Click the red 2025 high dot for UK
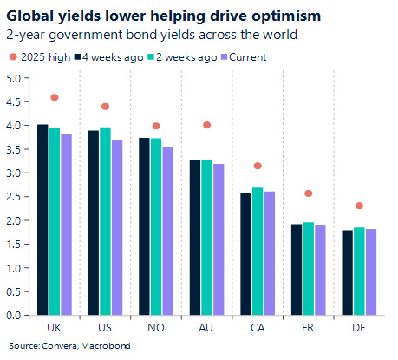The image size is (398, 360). (x=54, y=98)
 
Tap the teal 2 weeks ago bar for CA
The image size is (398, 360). (x=257, y=252)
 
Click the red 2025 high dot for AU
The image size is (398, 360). (x=206, y=125)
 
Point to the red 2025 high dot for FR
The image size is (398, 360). (x=308, y=193)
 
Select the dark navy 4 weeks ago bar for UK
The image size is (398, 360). (x=42, y=220)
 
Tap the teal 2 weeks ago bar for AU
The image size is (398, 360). (x=206, y=239)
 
